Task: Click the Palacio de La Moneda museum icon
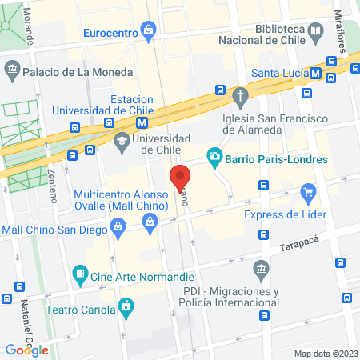click(13, 71)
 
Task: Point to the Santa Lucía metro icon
click(317, 74)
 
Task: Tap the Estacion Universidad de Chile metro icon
click(142, 122)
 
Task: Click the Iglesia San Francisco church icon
click(239, 96)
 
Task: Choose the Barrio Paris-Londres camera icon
click(214, 157)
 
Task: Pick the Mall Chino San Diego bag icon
click(118, 229)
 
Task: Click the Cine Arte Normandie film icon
click(80, 274)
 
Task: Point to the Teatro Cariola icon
click(125, 306)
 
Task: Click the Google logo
click(27, 350)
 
